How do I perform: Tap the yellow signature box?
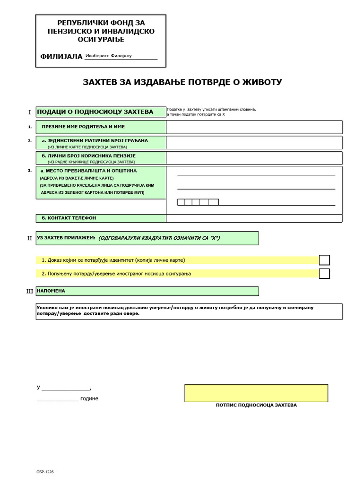coord(256,393)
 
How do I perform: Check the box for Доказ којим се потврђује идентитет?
coord(324,260)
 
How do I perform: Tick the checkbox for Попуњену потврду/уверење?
coord(324,273)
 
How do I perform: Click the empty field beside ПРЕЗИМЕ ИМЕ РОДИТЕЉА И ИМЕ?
coord(254,127)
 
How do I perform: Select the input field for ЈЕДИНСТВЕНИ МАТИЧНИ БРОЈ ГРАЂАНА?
coord(254,143)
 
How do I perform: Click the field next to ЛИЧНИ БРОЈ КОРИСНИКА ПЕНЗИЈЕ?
coord(254,158)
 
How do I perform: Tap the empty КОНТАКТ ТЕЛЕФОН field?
coord(254,218)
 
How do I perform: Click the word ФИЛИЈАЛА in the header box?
coord(61,57)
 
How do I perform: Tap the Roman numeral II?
coord(29,238)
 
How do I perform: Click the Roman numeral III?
coord(29,291)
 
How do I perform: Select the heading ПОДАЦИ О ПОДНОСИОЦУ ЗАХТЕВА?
coord(95,112)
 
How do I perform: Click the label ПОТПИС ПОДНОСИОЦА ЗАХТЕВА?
coord(256,405)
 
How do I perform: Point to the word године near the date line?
coord(89,398)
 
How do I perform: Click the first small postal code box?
coord(181,202)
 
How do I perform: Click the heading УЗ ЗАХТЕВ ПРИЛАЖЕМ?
coord(66,238)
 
